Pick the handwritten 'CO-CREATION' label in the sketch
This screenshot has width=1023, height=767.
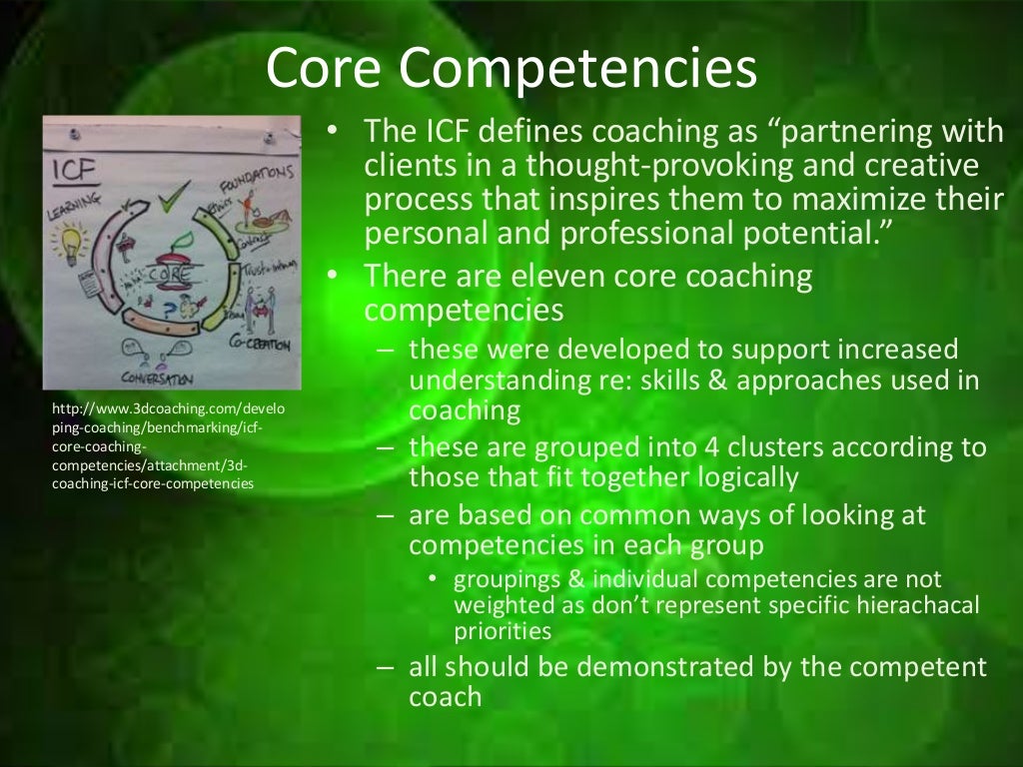point(259,345)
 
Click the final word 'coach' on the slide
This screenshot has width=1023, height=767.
point(445,696)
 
